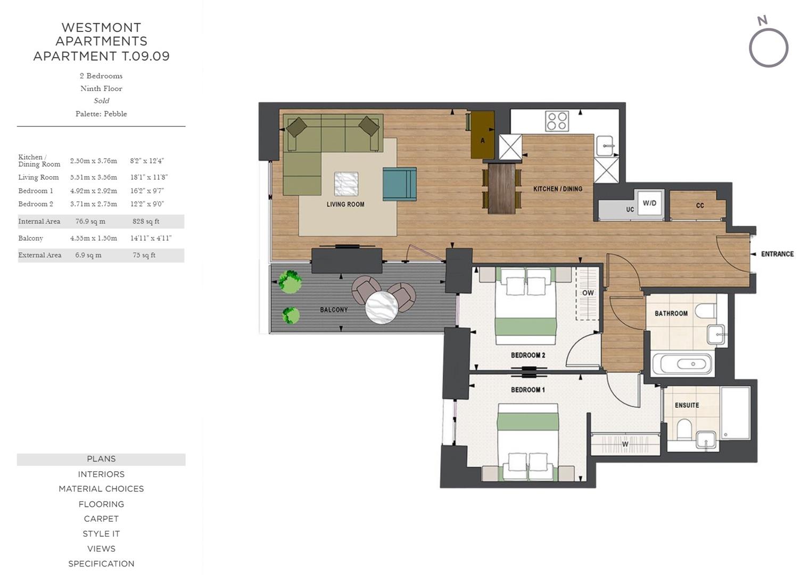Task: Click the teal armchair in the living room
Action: click(x=399, y=184)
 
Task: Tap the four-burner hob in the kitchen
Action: click(x=557, y=121)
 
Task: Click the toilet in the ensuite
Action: click(x=684, y=429)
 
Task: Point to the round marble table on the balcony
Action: click(x=382, y=308)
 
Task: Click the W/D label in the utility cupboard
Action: click(x=649, y=203)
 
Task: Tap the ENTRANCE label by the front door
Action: click(x=777, y=254)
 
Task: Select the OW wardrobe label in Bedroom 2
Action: click(x=588, y=292)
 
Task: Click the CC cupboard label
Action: click(x=700, y=205)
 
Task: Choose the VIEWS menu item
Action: click(x=101, y=548)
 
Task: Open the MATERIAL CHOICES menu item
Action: click(x=101, y=489)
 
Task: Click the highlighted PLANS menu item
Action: click(x=101, y=459)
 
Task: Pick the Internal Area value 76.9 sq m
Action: click(x=90, y=221)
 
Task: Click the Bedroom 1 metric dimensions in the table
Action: click(x=94, y=191)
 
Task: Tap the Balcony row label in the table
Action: click(x=31, y=239)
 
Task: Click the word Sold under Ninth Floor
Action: click(x=101, y=101)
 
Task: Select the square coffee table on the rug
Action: click(x=346, y=184)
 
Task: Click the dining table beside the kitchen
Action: click(x=502, y=188)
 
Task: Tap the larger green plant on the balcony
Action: click(x=290, y=282)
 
